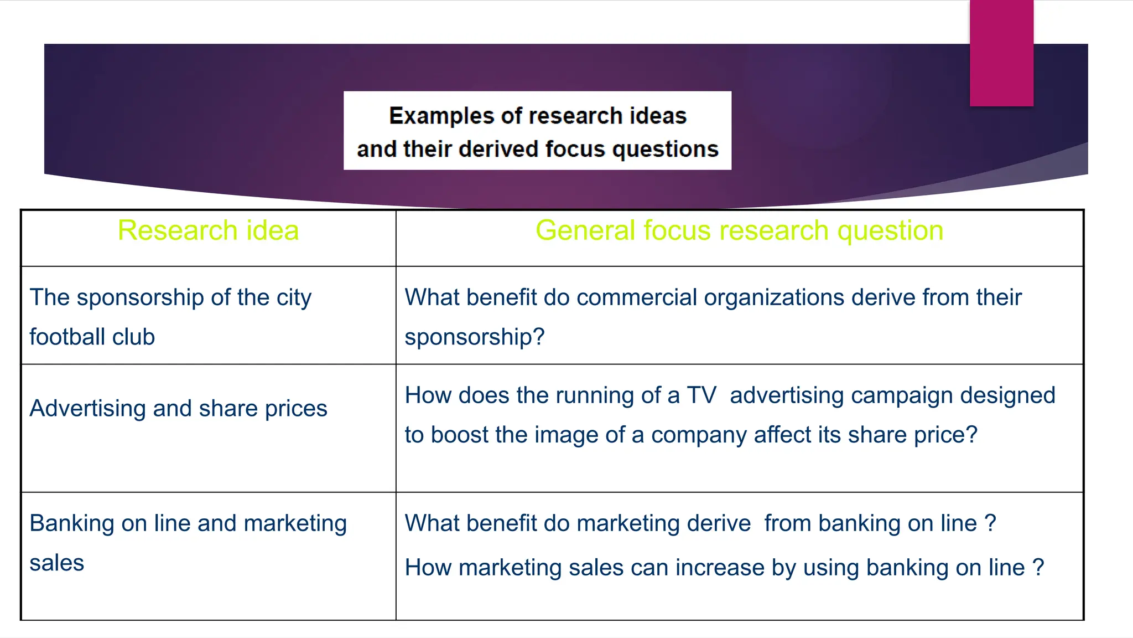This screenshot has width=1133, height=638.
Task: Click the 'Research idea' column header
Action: click(208, 230)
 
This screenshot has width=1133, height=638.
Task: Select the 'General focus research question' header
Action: click(739, 230)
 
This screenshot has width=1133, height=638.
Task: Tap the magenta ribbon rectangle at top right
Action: click(1001, 53)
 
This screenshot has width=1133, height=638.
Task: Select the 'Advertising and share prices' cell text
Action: click(178, 408)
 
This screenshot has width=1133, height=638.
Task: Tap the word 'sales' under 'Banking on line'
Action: click(56, 563)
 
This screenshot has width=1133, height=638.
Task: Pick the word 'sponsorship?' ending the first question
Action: click(475, 337)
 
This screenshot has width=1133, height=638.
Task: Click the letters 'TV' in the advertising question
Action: click(701, 395)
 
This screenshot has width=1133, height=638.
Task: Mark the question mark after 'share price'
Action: click(971, 435)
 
